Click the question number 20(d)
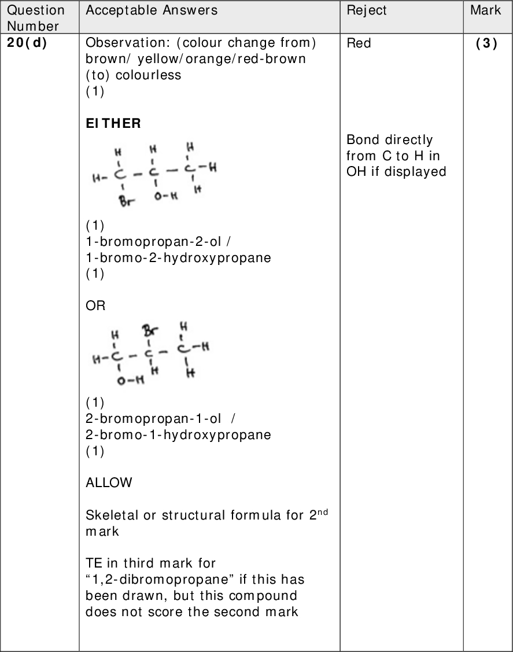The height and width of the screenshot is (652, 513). tap(27, 43)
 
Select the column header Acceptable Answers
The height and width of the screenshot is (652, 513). tap(152, 10)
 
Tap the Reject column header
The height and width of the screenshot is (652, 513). tap(367, 10)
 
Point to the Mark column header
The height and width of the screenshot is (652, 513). tap(485, 10)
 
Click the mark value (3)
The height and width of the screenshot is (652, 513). tap(486, 43)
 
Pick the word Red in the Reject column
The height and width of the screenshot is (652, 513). tap(359, 43)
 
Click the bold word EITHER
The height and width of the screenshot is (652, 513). tap(113, 124)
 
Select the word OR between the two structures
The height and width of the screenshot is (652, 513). tap(95, 305)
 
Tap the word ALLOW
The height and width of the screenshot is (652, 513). tap(109, 482)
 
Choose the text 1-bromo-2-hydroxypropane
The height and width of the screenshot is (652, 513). tap(178, 257)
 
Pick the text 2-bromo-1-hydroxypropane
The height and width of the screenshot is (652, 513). tap(178, 434)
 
